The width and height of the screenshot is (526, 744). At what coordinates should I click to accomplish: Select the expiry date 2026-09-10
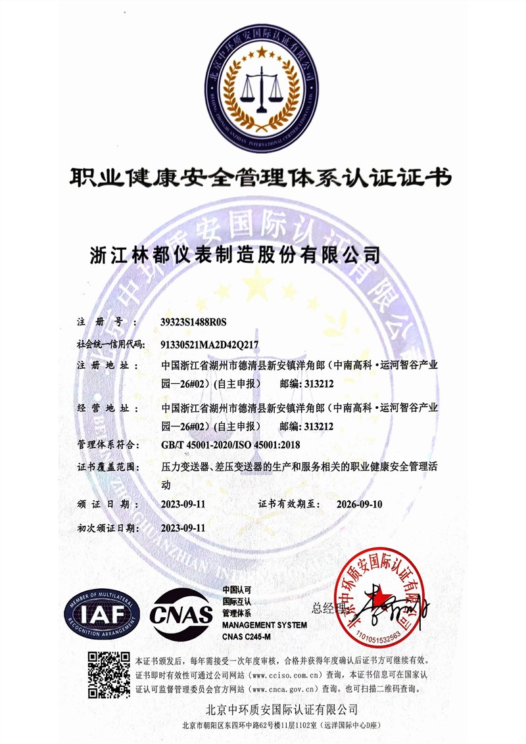pos(358,504)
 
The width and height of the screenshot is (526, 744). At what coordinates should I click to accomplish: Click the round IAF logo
pos(102,614)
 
